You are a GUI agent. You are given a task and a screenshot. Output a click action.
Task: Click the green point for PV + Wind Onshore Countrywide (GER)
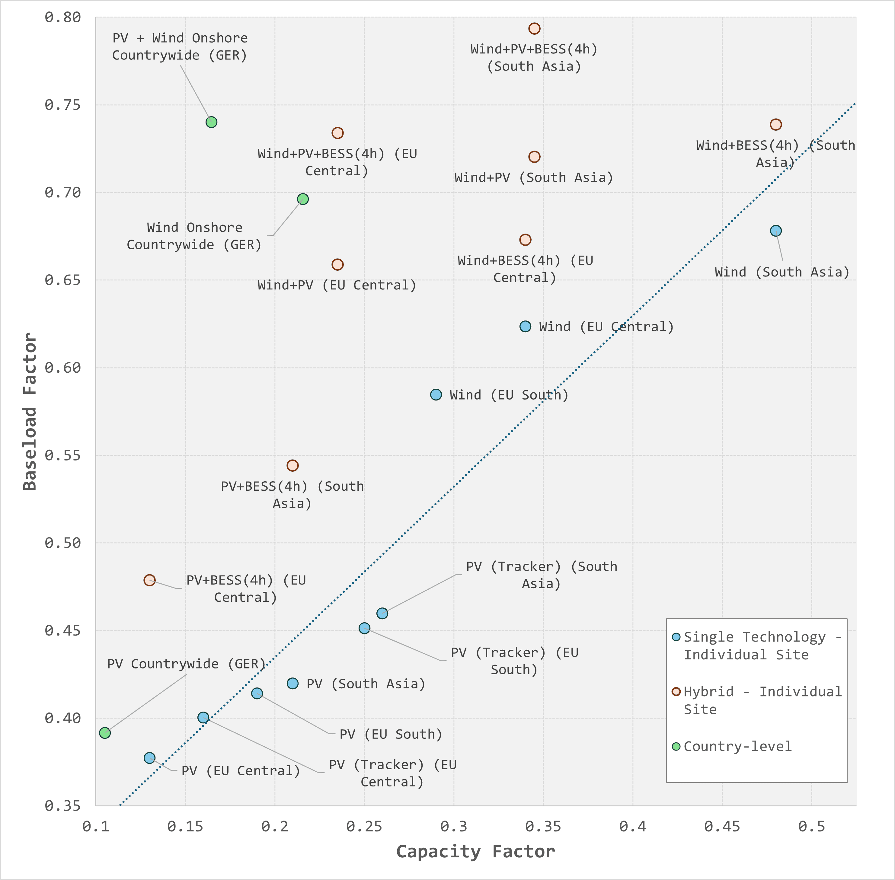pos(211,122)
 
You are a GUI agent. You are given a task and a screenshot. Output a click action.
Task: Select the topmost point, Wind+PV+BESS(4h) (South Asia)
pos(534,29)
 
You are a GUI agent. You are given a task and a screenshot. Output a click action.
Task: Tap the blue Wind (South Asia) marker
pos(776,231)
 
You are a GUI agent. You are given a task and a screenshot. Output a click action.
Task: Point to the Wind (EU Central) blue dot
pos(525,326)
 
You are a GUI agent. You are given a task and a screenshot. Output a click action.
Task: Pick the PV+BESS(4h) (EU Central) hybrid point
pos(149,580)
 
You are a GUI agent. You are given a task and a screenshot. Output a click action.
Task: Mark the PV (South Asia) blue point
pos(292,684)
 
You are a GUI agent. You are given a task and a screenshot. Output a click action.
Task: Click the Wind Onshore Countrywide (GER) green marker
pos(303,199)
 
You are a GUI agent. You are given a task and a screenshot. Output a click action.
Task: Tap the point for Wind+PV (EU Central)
pos(337,264)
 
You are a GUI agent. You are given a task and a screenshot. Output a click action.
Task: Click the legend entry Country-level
pos(737,746)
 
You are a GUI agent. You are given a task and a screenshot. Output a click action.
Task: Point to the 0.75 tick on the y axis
pos(63,105)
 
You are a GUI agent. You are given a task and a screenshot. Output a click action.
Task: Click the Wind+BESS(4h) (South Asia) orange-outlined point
pos(776,124)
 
